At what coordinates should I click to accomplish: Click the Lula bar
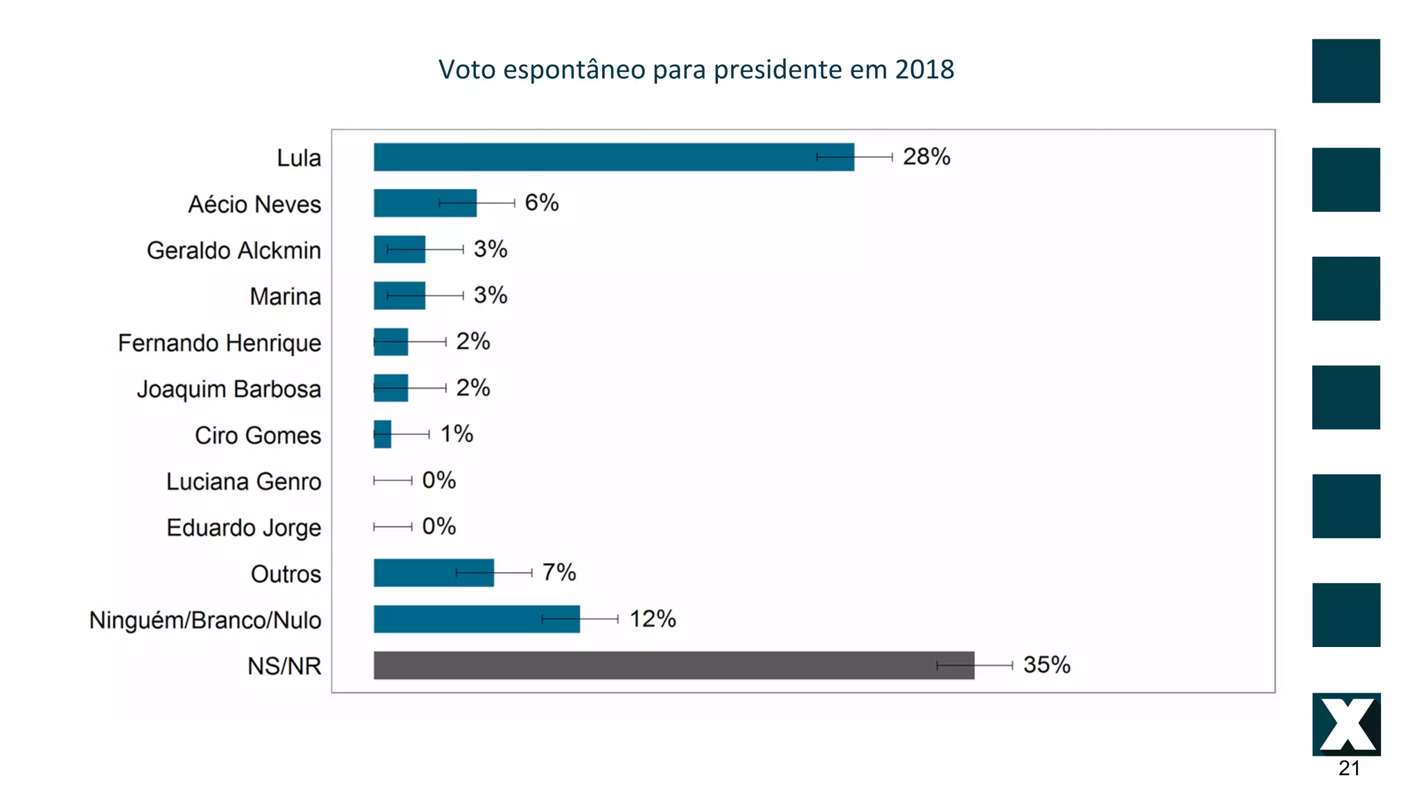point(613,157)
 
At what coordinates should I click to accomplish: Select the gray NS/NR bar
point(673,665)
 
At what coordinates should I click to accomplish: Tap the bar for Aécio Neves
point(425,203)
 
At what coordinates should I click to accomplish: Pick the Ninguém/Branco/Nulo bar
point(477,619)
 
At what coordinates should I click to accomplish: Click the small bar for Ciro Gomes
point(382,434)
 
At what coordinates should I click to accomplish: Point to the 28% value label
point(926,157)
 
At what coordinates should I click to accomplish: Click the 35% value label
point(1046,665)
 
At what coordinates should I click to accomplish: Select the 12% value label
point(652,619)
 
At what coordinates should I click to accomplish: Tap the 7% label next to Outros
point(558,573)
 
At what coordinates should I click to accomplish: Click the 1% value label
point(457,434)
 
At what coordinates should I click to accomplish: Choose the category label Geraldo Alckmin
point(233,250)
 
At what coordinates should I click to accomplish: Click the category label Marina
point(285,296)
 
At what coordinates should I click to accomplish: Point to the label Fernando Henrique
point(219,343)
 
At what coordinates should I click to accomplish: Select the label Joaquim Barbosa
point(229,389)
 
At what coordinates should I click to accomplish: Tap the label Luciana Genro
point(243,481)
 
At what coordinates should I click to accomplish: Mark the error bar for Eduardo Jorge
point(393,526)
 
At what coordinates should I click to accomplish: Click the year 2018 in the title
point(924,69)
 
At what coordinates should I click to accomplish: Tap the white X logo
point(1346,725)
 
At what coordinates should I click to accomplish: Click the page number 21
point(1348,768)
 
